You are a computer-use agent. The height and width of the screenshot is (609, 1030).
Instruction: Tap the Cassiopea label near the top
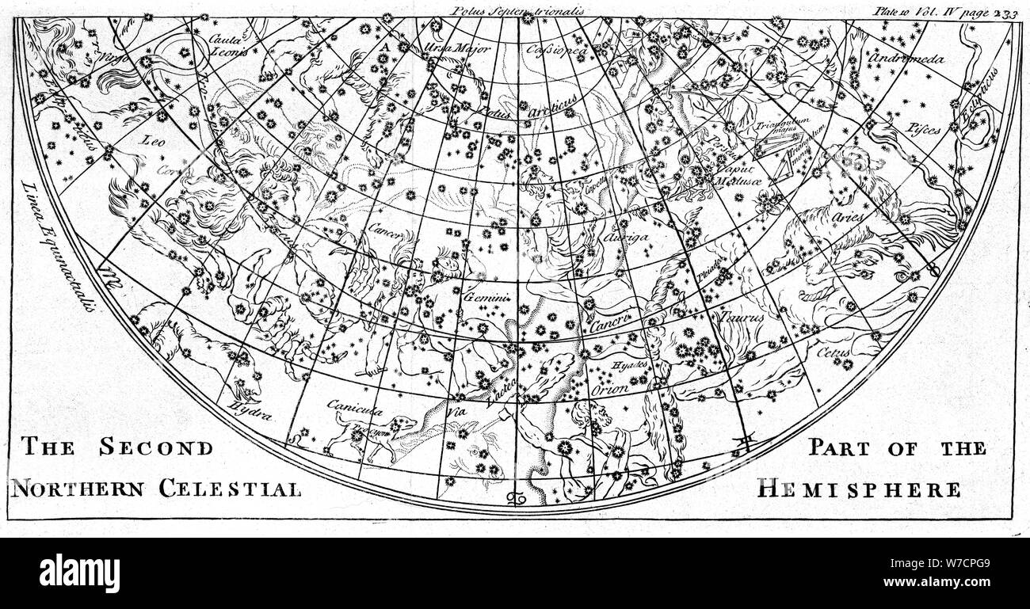tap(557, 48)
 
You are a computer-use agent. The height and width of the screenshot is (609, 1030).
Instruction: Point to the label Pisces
tap(926, 127)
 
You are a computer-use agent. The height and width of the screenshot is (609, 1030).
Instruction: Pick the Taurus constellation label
tap(742, 316)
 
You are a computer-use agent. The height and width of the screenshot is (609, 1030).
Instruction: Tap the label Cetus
tap(836, 352)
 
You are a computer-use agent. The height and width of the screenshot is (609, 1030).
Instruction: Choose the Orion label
tap(610, 389)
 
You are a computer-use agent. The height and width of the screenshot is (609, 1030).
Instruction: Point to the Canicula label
tap(355, 409)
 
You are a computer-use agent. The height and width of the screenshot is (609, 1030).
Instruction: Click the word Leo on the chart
tap(152, 141)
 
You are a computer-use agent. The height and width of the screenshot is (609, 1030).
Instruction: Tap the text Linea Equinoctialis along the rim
tap(59, 246)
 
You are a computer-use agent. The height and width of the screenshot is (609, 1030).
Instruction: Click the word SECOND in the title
tap(156, 447)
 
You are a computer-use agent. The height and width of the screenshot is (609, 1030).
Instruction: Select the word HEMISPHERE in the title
tap(859, 489)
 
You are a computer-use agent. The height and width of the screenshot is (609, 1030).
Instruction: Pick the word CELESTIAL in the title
tap(231, 489)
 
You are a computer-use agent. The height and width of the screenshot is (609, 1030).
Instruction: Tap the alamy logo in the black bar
tap(80, 572)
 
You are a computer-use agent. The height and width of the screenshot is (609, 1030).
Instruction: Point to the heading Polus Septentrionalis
tap(516, 10)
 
